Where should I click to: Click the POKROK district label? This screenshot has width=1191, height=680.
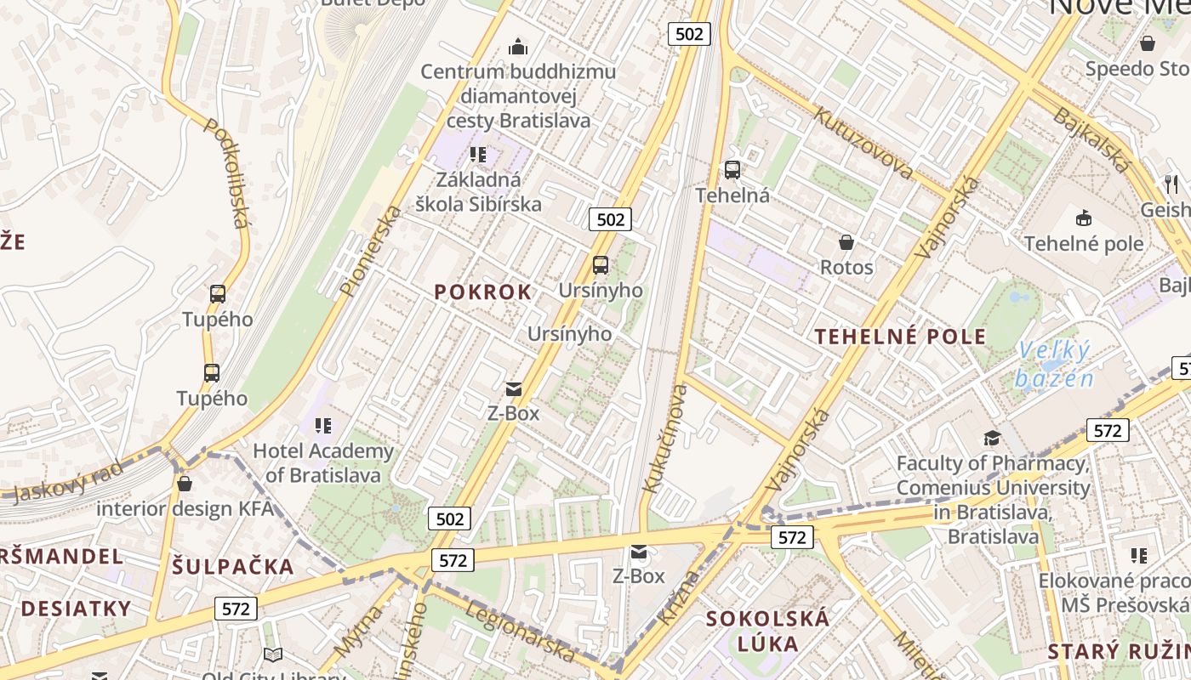[482, 292]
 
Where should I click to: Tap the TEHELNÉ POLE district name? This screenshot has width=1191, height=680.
[900, 337]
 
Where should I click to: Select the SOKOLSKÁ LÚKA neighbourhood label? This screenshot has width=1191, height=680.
[767, 630]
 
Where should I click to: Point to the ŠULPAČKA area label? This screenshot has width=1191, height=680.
[233, 567]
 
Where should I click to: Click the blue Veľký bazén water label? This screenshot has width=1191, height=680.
[1054, 364]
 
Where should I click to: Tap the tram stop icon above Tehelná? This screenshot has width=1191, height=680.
[732, 170]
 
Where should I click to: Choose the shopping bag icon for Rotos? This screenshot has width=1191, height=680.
[846, 243]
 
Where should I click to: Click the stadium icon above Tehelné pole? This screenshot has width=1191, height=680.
[1084, 218]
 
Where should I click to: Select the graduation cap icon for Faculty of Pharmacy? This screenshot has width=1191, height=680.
[992, 439]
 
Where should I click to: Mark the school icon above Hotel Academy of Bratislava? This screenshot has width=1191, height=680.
[322, 425]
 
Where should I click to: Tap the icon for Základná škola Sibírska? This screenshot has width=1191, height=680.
[478, 155]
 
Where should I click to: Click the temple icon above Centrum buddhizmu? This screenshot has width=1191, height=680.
[517, 47]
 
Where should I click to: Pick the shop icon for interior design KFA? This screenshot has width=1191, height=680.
[185, 484]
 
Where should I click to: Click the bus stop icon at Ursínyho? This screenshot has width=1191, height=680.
[601, 265]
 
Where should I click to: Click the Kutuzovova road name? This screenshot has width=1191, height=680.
[863, 142]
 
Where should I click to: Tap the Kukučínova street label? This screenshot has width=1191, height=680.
[665, 439]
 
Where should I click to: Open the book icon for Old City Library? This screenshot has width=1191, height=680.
[272, 654]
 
